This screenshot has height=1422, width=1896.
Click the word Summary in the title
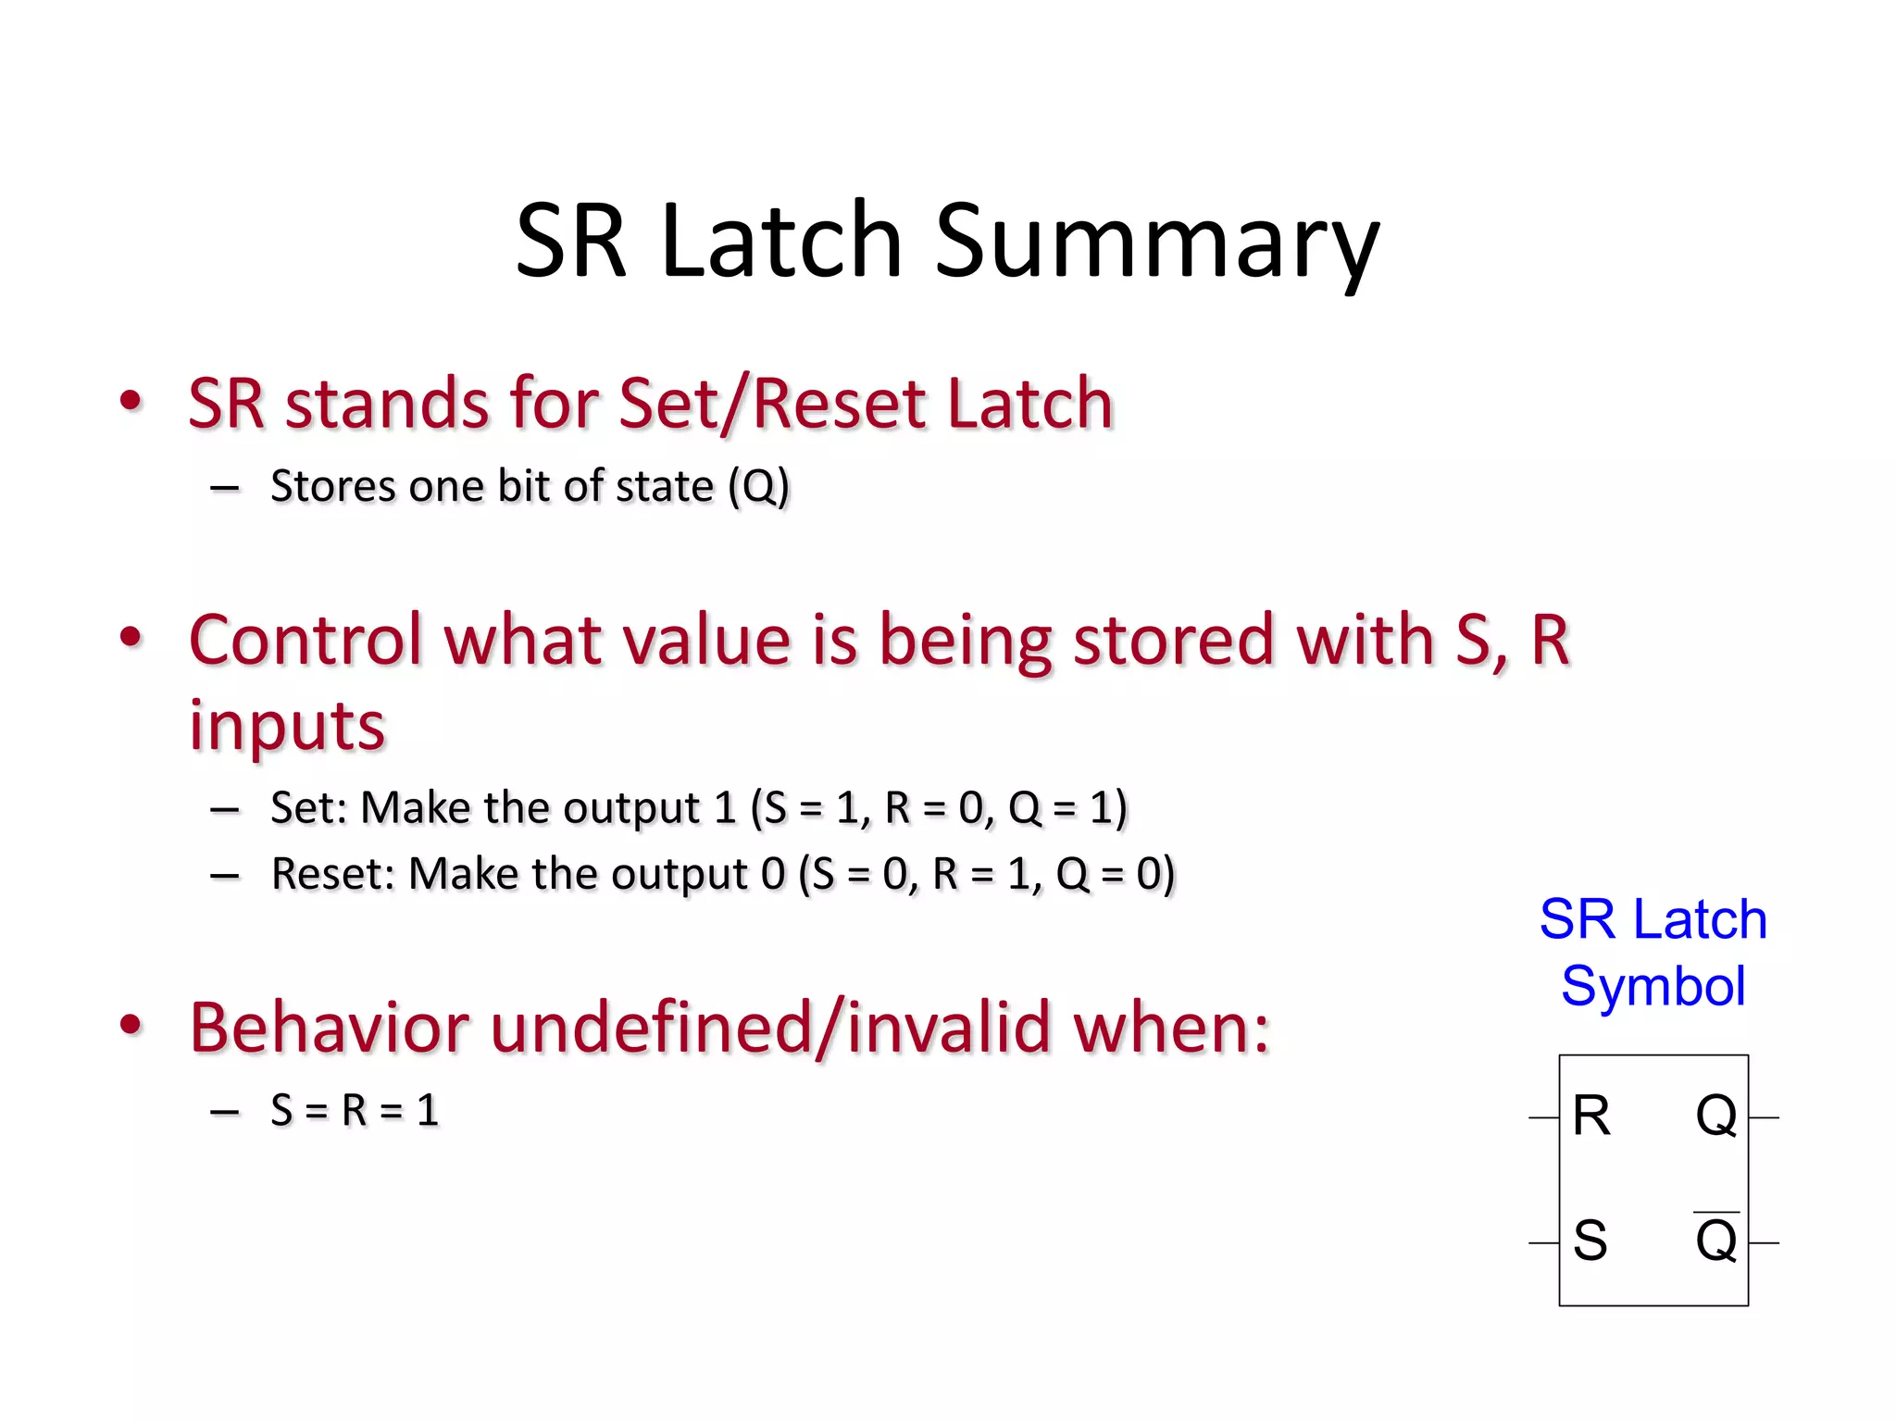point(1157,243)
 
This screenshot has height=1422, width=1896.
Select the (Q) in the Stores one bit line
point(758,487)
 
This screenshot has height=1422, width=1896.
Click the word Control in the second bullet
point(306,641)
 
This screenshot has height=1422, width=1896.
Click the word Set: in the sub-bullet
point(309,807)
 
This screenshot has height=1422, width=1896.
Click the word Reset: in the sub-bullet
point(333,874)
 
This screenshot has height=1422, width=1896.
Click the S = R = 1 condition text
point(354,1110)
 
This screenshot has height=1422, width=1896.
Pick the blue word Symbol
point(1653,986)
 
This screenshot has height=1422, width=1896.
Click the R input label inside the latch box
point(1591,1116)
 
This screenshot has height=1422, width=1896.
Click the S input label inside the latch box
point(1590,1241)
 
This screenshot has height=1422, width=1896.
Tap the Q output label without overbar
point(1715,1116)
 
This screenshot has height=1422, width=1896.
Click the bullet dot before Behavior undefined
point(131,1024)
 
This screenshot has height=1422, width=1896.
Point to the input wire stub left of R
point(1543,1118)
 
